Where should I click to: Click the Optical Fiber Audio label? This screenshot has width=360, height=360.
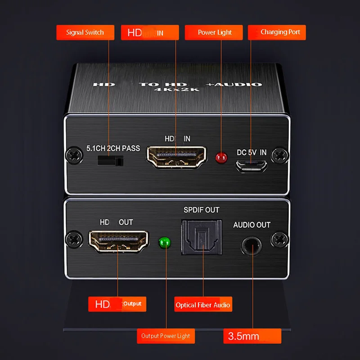[202, 305]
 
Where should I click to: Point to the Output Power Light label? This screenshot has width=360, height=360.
[166, 336]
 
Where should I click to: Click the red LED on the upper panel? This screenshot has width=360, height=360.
[220, 157]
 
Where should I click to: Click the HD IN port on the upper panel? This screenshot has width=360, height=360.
[175, 156]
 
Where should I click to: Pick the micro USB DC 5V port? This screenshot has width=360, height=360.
[251, 166]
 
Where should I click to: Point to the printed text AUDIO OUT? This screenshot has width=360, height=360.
[252, 225]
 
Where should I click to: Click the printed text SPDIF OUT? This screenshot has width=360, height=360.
[201, 210]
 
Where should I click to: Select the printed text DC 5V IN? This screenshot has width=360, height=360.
[252, 153]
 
